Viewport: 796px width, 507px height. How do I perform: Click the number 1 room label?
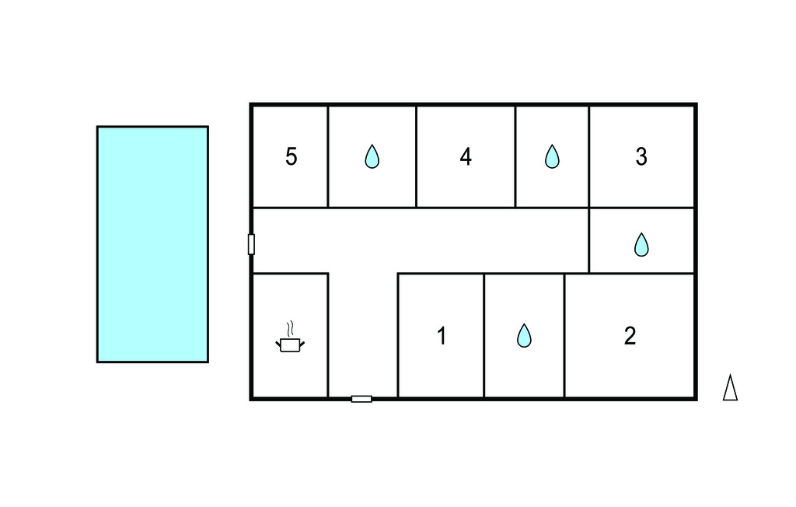[x=442, y=337]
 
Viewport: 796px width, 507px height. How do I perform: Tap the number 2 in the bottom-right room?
[x=630, y=336]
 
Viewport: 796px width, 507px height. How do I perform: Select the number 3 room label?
[x=641, y=156]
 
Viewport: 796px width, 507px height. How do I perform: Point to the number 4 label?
[x=466, y=156]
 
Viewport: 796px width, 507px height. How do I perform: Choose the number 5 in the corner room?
[x=291, y=156]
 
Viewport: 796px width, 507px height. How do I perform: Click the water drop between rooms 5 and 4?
[x=372, y=157]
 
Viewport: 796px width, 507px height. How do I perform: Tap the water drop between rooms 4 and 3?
[x=552, y=157]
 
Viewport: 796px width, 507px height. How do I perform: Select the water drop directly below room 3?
[x=641, y=245]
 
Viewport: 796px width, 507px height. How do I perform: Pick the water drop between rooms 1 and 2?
[x=525, y=336]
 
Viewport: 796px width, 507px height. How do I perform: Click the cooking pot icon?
[x=290, y=344]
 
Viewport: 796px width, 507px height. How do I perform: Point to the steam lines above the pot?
[x=290, y=327]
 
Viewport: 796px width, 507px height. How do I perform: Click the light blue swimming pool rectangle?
[x=152, y=244]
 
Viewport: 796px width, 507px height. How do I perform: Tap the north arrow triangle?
[x=730, y=388]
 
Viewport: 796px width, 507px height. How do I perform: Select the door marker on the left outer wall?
[x=251, y=244]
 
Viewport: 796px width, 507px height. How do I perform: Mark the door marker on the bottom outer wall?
[x=361, y=399]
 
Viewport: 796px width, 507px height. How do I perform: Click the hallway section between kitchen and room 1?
[x=362, y=334]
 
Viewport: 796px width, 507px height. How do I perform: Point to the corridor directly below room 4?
[x=466, y=240]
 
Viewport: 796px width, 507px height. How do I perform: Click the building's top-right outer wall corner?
[x=694, y=105]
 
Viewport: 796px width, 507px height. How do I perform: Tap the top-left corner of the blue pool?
[x=98, y=127]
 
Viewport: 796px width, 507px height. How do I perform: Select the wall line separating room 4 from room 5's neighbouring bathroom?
[x=416, y=156]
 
